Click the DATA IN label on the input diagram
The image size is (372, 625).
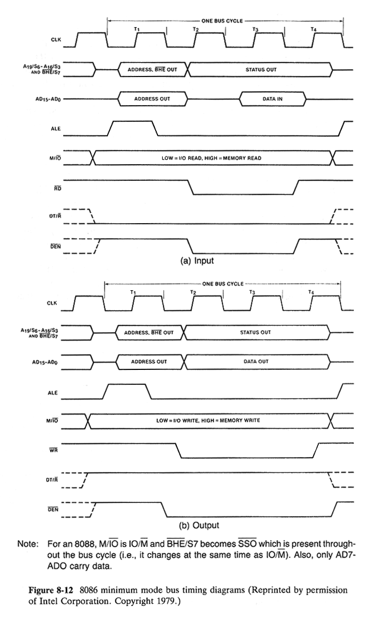(273, 99)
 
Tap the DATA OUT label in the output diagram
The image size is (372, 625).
(256, 361)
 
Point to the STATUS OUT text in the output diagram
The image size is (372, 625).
(256, 332)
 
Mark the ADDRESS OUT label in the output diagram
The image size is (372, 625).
(149, 361)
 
